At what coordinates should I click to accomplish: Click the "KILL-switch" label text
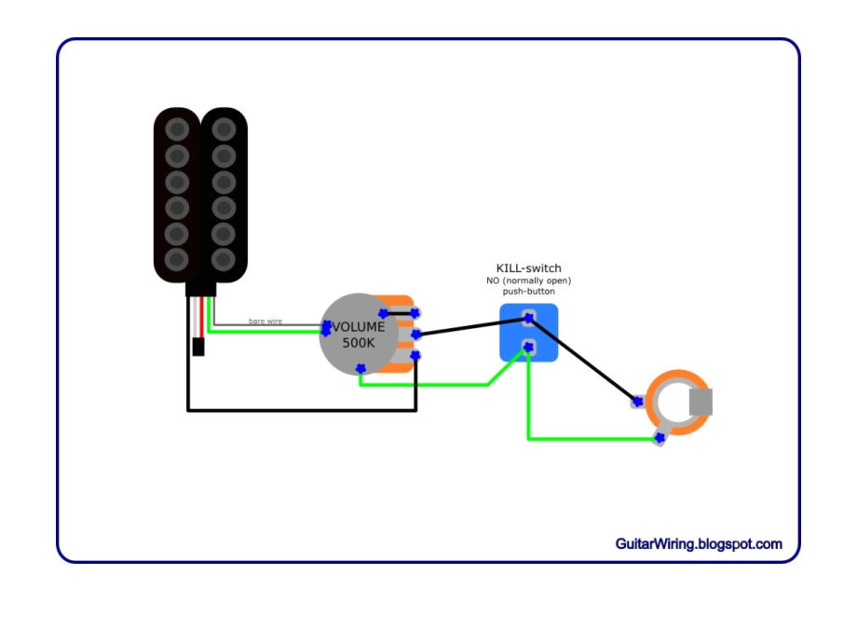528,268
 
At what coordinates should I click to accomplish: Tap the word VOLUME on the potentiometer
359,327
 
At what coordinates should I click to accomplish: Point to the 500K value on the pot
358,343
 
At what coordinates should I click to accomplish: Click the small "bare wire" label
265,321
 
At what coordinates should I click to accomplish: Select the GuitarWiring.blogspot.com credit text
698,544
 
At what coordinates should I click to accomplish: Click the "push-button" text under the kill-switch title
528,292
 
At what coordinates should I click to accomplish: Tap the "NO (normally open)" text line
528,280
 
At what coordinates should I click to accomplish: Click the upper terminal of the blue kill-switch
528,318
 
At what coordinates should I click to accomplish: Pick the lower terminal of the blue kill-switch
528,348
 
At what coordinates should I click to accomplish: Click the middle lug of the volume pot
415,334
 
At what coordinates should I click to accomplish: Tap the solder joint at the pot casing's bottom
360,369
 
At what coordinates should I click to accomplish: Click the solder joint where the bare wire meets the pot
326,327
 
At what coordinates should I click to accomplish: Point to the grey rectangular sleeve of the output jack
701,402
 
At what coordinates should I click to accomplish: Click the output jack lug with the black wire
638,403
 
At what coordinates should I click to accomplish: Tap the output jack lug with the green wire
660,437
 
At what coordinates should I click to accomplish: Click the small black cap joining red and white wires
197,348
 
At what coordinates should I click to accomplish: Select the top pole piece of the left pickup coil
177,129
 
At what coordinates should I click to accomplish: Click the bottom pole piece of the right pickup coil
224,258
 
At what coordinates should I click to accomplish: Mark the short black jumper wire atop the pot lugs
399,313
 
